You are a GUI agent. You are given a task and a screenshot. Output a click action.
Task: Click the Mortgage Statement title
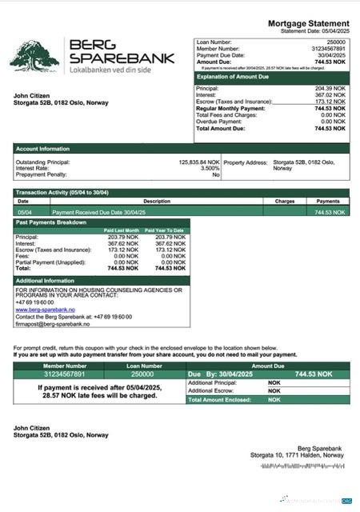(x=308, y=25)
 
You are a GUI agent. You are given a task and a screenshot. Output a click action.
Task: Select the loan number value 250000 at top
(x=336, y=42)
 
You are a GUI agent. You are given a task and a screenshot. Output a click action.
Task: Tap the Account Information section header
(x=43, y=149)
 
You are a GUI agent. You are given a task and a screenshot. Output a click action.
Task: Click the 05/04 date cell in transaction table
(x=25, y=212)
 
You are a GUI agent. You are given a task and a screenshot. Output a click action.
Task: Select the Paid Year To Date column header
(x=165, y=230)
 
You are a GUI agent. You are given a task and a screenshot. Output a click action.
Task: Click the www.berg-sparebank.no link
(x=45, y=310)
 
